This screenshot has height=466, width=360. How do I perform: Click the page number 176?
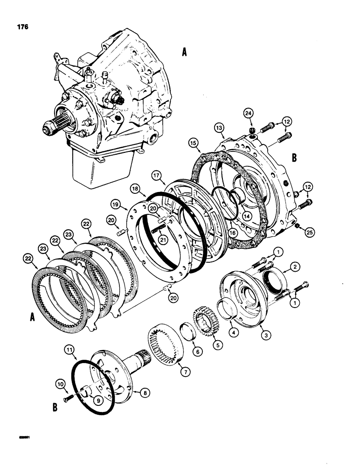click(21, 27)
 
